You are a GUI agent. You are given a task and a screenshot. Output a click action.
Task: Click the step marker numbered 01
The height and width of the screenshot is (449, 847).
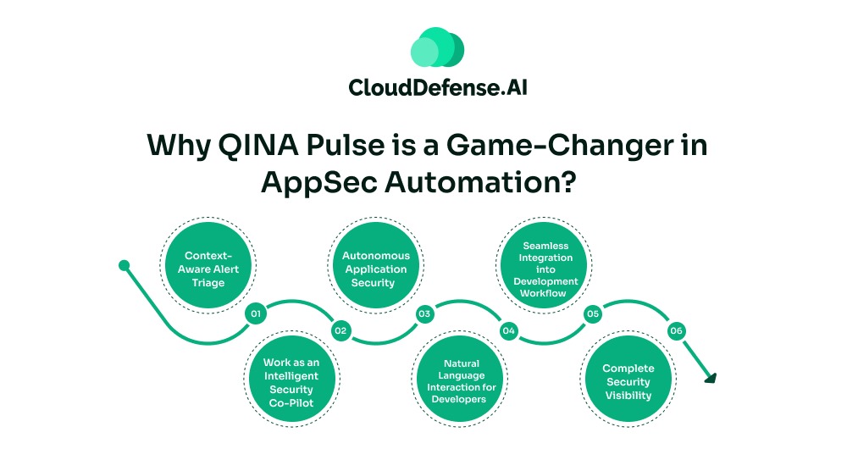254,313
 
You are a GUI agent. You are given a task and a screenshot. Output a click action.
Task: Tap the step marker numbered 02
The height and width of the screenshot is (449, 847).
340,330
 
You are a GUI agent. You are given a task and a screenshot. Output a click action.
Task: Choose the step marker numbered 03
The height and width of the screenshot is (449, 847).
424,313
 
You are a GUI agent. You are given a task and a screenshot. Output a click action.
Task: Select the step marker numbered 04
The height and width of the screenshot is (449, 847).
508,330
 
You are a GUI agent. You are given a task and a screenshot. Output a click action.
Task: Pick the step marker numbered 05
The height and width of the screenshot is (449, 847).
593,313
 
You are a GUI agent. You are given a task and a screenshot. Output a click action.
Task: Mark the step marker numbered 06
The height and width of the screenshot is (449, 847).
676,330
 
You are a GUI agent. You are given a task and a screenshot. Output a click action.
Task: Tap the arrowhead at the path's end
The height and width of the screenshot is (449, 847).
710,378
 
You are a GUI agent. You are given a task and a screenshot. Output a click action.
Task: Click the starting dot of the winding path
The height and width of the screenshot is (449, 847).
124,265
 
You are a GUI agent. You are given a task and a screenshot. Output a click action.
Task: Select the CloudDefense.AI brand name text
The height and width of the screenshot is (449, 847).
438,88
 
